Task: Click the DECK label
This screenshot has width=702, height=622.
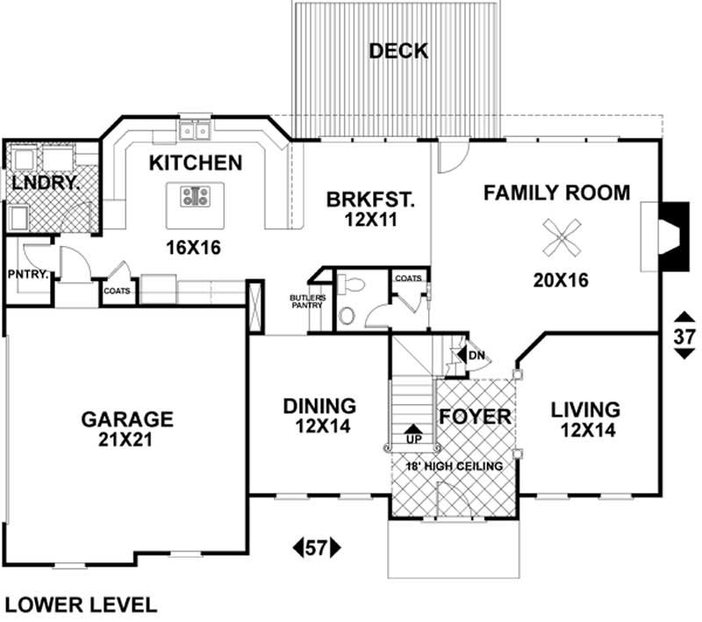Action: tap(398, 51)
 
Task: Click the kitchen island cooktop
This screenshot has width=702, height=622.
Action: tap(194, 197)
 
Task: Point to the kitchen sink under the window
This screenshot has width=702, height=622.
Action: tap(194, 131)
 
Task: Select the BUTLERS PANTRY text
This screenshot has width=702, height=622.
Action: tap(308, 301)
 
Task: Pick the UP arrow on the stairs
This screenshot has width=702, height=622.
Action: tap(412, 433)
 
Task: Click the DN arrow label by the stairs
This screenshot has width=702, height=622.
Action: tap(475, 355)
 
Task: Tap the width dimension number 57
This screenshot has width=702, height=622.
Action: tap(315, 549)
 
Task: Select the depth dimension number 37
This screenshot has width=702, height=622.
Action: tap(684, 335)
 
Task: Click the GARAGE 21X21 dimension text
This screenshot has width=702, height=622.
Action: tap(127, 440)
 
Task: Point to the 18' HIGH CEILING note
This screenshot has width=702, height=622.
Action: tap(454, 466)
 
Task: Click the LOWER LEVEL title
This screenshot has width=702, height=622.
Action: tap(82, 604)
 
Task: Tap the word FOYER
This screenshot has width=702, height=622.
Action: tap(474, 416)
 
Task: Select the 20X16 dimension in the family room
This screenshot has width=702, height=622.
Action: tap(560, 280)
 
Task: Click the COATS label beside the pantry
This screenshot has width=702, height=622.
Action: tap(118, 291)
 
